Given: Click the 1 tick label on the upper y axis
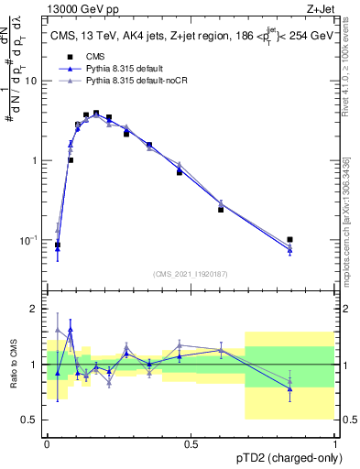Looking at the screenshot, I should [38, 160].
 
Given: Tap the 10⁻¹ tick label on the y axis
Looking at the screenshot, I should [32, 240].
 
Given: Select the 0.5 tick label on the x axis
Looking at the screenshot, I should [191, 443].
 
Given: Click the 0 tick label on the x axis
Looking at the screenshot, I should [47, 443].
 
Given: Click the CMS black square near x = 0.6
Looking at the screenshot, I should [221, 210].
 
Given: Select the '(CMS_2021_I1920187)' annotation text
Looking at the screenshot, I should [190, 273].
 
